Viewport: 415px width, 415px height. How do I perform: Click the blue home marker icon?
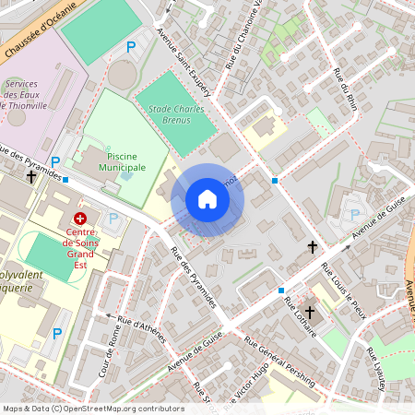pyautogui.click(x=207, y=199)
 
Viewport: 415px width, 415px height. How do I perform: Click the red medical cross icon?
pyautogui.click(x=80, y=219)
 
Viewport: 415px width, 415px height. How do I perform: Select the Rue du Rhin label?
pyautogui.click(x=345, y=88)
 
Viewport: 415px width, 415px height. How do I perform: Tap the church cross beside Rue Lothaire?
pyautogui.click(x=310, y=313)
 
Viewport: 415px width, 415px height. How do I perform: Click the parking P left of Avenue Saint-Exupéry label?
pyautogui.click(x=131, y=45)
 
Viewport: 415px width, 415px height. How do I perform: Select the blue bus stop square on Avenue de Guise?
pyautogui.click(x=281, y=290)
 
